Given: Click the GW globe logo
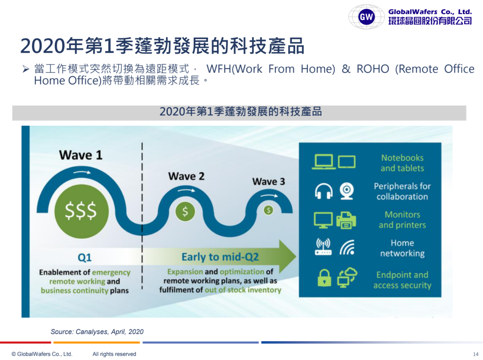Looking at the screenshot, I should point(366,17).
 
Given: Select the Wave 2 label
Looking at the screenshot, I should point(186,176).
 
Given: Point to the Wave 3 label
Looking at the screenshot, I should point(268,182).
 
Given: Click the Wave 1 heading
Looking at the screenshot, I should point(80,155).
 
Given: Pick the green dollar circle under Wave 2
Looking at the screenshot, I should point(185,211).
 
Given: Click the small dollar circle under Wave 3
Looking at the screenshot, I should point(268,210).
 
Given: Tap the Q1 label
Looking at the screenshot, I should point(85,258).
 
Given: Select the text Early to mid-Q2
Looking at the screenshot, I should point(220,257).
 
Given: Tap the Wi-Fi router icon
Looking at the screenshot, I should point(323,247).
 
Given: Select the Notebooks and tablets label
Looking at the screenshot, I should point(402,163).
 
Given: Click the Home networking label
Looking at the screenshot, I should point(402,248).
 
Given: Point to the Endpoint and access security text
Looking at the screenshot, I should point(402,280).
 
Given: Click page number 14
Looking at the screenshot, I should point(475,354).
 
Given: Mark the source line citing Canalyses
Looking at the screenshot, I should point(97,331).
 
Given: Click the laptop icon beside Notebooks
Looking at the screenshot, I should point(323,162).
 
